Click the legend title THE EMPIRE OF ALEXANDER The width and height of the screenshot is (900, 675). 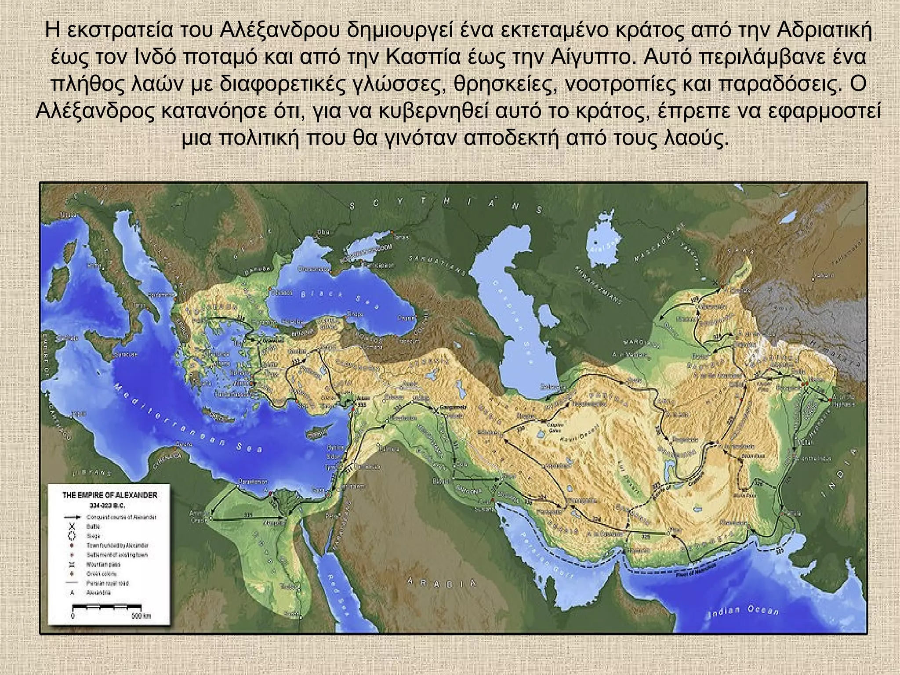109,495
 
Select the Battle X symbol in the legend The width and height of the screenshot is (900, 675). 73,527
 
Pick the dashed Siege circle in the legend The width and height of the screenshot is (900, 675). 73,536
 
